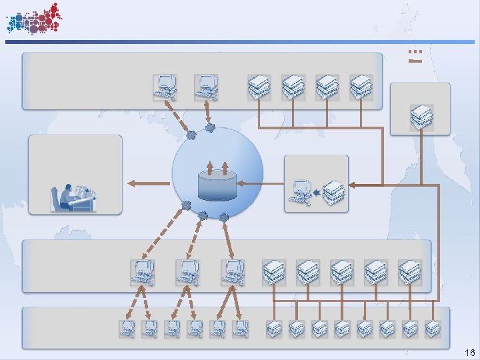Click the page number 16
click(x=469, y=352)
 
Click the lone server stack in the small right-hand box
click(x=421, y=117)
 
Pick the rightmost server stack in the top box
click(x=361, y=87)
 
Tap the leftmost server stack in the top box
click(x=259, y=87)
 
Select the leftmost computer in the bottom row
click(x=127, y=328)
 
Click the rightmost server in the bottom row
click(x=433, y=328)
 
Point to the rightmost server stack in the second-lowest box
click(x=410, y=273)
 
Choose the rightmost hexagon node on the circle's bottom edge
click(x=223, y=217)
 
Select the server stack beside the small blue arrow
click(x=334, y=193)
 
